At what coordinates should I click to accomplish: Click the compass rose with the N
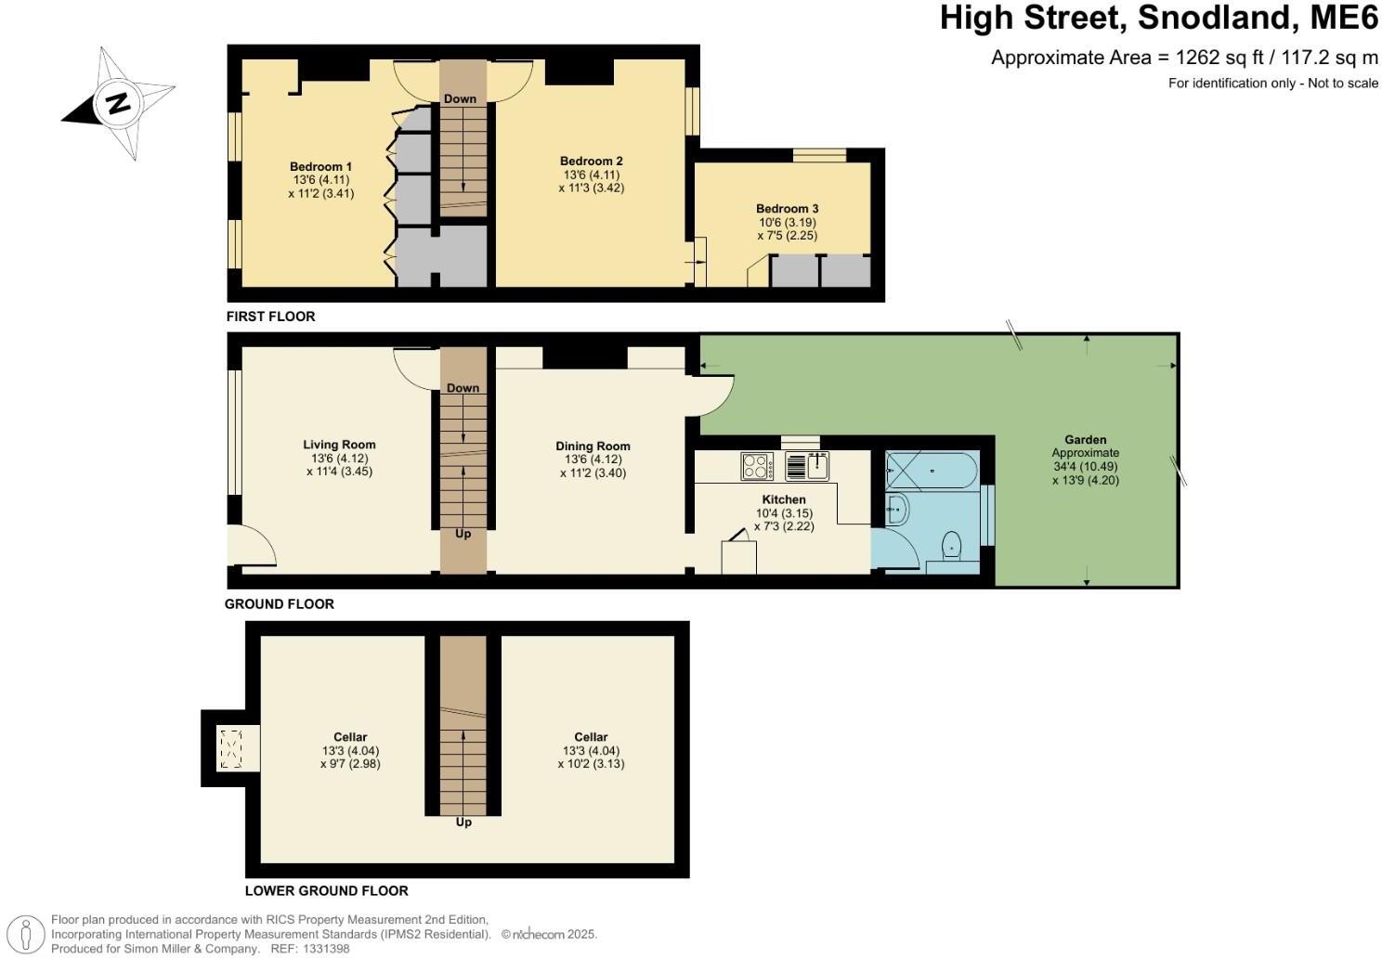pos(118,102)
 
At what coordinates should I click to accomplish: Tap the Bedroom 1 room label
pos(320,167)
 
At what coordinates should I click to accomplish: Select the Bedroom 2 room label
pos(591,161)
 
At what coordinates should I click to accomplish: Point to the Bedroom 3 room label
pos(787,209)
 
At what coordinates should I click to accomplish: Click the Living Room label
pos(339,445)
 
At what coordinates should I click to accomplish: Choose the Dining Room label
pos(593,447)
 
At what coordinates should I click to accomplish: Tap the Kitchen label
pos(784,499)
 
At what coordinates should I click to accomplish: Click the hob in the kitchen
pos(757,465)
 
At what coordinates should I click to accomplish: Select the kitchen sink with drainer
pos(806,465)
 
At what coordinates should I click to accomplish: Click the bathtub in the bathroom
pos(931,473)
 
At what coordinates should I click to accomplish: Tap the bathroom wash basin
pos(897,509)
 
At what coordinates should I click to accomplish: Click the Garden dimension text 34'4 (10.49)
pos(1086,466)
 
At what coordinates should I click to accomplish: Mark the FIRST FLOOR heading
pos(271,317)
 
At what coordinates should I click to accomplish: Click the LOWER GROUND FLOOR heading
pos(326,891)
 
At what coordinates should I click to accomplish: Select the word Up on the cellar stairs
pos(463,822)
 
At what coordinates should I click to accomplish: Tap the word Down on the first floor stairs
pos(460,99)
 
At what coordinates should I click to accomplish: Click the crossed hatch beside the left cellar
pos(229,748)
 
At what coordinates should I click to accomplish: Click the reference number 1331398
pos(322,949)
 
